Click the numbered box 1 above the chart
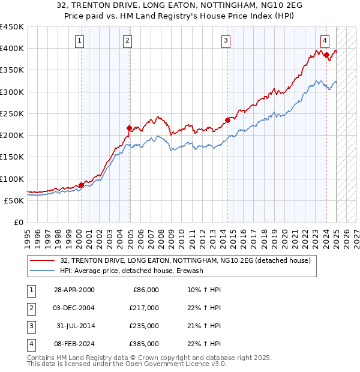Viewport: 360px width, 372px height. [x=80, y=41]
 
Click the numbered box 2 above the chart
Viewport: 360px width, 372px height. [x=128, y=41]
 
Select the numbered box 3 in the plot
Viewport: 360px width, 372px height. [x=226, y=41]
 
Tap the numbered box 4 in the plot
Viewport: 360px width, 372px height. [x=325, y=41]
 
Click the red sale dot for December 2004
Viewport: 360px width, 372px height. [x=129, y=128]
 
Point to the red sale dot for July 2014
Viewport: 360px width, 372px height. [x=228, y=120]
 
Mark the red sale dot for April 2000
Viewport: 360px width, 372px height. [x=81, y=185]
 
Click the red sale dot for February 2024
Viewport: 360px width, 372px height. [x=326, y=55]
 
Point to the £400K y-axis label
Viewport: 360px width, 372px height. [x=12, y=49]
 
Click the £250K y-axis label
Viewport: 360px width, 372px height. [x=12, y=113]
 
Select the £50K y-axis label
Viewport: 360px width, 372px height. [x=14, y=200]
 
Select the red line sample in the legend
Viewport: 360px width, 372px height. [x=42, y=260]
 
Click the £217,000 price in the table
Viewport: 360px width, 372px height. [x=144, y=308]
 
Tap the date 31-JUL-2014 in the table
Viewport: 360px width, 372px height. [x=76, y=326]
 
